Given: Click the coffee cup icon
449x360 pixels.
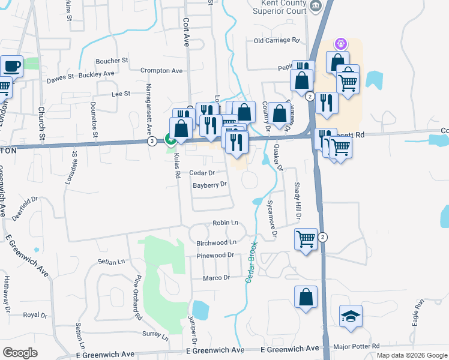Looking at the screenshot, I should coord(12,65).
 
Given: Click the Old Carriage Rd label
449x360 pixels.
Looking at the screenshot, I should coord(276,41).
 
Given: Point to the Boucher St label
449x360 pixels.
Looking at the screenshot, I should coord(112,61).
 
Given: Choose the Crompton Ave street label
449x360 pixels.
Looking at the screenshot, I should coord(161,71).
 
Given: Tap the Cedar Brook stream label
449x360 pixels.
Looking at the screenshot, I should coord(252,262).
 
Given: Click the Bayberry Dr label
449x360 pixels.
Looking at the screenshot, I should coord(209,185).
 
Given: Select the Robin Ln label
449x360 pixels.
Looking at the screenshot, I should coord(226,223).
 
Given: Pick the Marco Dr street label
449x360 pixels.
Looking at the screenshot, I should coord(217,278).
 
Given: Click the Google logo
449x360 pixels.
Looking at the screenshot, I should coord(20,353).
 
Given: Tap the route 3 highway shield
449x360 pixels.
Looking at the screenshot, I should coord(152,141).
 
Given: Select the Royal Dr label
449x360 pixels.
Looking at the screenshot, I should coord(35,315).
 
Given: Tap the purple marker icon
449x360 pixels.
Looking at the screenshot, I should coord(340,43).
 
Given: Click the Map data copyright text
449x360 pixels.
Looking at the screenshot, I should coord(411,355).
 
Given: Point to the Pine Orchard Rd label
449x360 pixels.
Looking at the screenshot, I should coord(137,296).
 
